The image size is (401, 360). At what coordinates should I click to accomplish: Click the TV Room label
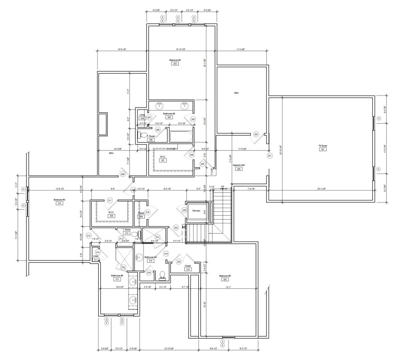(322, 145)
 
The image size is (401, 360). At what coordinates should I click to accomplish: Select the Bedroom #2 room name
(175, 60)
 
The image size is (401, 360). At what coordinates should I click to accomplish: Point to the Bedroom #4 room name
(225, 276)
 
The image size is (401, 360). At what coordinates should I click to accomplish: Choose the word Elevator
(196, 210)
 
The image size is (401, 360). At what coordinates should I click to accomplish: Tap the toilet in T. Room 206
(142, 135)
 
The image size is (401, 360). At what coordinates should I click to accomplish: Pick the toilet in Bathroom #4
(162, 275)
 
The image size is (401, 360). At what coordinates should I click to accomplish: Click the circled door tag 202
(256, 134)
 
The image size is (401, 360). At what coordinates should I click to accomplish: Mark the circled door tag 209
(123, 174)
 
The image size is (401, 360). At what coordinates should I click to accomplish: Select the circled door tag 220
(179, 262)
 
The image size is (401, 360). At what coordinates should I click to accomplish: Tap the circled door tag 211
(110, 200)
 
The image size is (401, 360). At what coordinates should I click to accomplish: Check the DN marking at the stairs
(223, 186)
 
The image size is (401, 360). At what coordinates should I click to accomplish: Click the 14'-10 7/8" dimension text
(181, 49)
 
